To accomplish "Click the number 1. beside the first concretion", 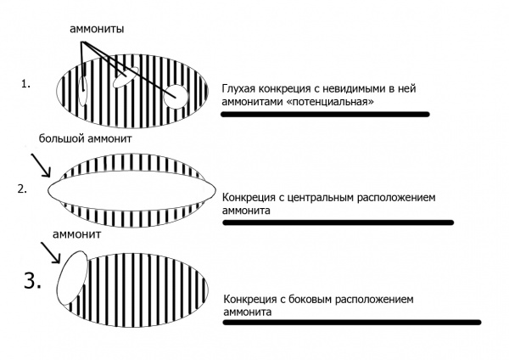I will coord(26,86).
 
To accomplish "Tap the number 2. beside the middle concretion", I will coord(23,188).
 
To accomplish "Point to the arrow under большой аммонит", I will coord(39,164).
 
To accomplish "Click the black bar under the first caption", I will coord(325,114).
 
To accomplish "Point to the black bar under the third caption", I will coord(350,323).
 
